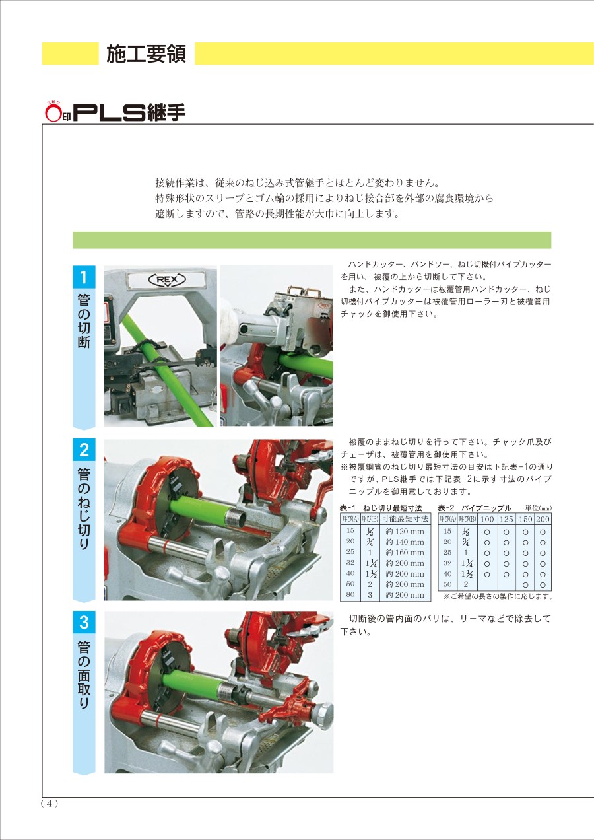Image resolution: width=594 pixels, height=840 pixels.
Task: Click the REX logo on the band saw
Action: (167, 280)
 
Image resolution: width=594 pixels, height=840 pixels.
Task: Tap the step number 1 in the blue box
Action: (84, 277)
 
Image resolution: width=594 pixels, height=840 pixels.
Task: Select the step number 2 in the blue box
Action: (84, 450)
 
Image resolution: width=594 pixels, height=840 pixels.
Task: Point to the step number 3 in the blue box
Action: (84, 622)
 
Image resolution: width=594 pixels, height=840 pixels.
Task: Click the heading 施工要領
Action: (146, 53)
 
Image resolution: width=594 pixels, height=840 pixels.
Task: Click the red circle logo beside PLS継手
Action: (53, 112)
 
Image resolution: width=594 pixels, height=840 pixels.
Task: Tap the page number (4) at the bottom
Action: (49, 803)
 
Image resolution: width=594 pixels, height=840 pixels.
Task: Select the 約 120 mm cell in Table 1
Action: (405, 532)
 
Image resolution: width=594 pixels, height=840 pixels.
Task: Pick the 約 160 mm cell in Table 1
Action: (405, 552)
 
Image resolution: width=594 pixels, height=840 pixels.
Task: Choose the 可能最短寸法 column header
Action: (405, 519)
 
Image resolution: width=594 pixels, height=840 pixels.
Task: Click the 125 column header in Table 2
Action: (506, 519)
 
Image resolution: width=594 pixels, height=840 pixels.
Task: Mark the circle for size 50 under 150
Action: (525, 585)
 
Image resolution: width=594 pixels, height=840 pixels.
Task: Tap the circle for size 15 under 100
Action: (487, 532)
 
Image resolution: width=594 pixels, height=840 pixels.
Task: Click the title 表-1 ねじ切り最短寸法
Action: (381, 508)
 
